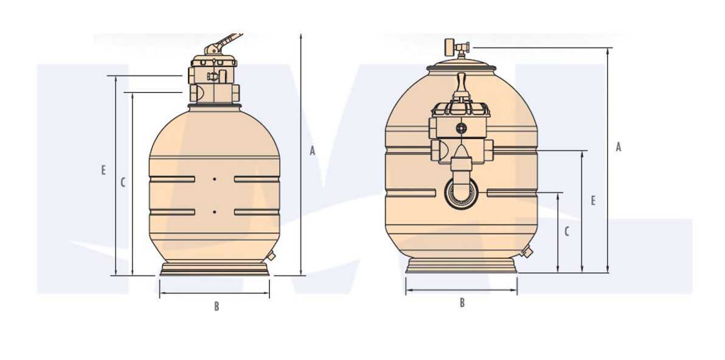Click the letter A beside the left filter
coord(313,151)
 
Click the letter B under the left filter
coord(217,306)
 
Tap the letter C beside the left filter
coord(122,183)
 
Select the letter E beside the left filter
coord(103,170)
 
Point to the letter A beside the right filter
coord(619,147)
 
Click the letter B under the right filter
coord(462,303)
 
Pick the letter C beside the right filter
coord(567,232)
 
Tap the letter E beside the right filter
coord(593,201)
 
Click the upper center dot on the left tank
coord(215,179)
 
